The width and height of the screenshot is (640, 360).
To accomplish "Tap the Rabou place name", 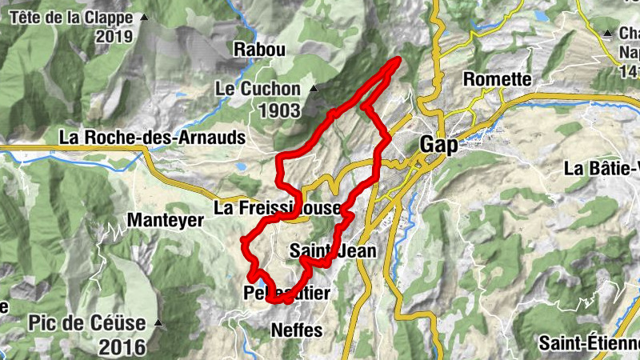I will pyautogui.click(x=259, y=50).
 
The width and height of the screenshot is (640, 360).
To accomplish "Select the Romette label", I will pyautogui.click(x=498, y=79).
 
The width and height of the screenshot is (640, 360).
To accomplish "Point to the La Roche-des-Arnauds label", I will pyautogui.click(x=152, y=137).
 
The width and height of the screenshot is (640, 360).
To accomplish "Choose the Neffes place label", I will pyautogui.click(x=297, y=330).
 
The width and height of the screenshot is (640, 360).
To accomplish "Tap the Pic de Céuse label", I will pyautogui.click(x=87, y=324).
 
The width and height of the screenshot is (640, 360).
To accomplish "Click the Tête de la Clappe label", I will pyautogui.click(x=72, y=17).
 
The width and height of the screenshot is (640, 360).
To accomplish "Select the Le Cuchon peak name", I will pyautogui.click(x=258, y=89).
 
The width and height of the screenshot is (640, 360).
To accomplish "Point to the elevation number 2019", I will pyautogui.click(x=117, y=36).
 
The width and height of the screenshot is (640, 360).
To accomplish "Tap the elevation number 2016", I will pyautogui.click(x=123, y=347).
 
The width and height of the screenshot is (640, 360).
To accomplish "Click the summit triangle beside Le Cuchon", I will pyautogui.click(x=314, y=89).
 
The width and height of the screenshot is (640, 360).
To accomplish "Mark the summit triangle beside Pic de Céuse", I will pyautogui.click(x=158, y=324).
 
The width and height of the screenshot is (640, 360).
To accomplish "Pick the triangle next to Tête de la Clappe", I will pyautogui.click(x=144, y=17).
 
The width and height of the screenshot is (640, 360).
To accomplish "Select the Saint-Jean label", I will pyautogui.click(x=334, y=250).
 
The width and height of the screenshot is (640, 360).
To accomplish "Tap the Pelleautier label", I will pyautogui.click(x=286, y=293).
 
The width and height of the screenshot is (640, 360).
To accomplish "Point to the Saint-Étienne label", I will pyautogui.click(x=589, y=342).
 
